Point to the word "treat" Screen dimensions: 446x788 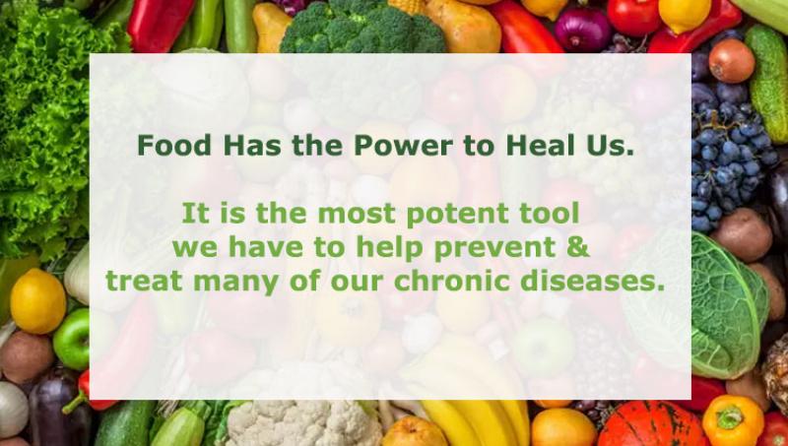145,281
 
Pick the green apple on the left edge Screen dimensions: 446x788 71,338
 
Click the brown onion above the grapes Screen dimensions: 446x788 731,60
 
